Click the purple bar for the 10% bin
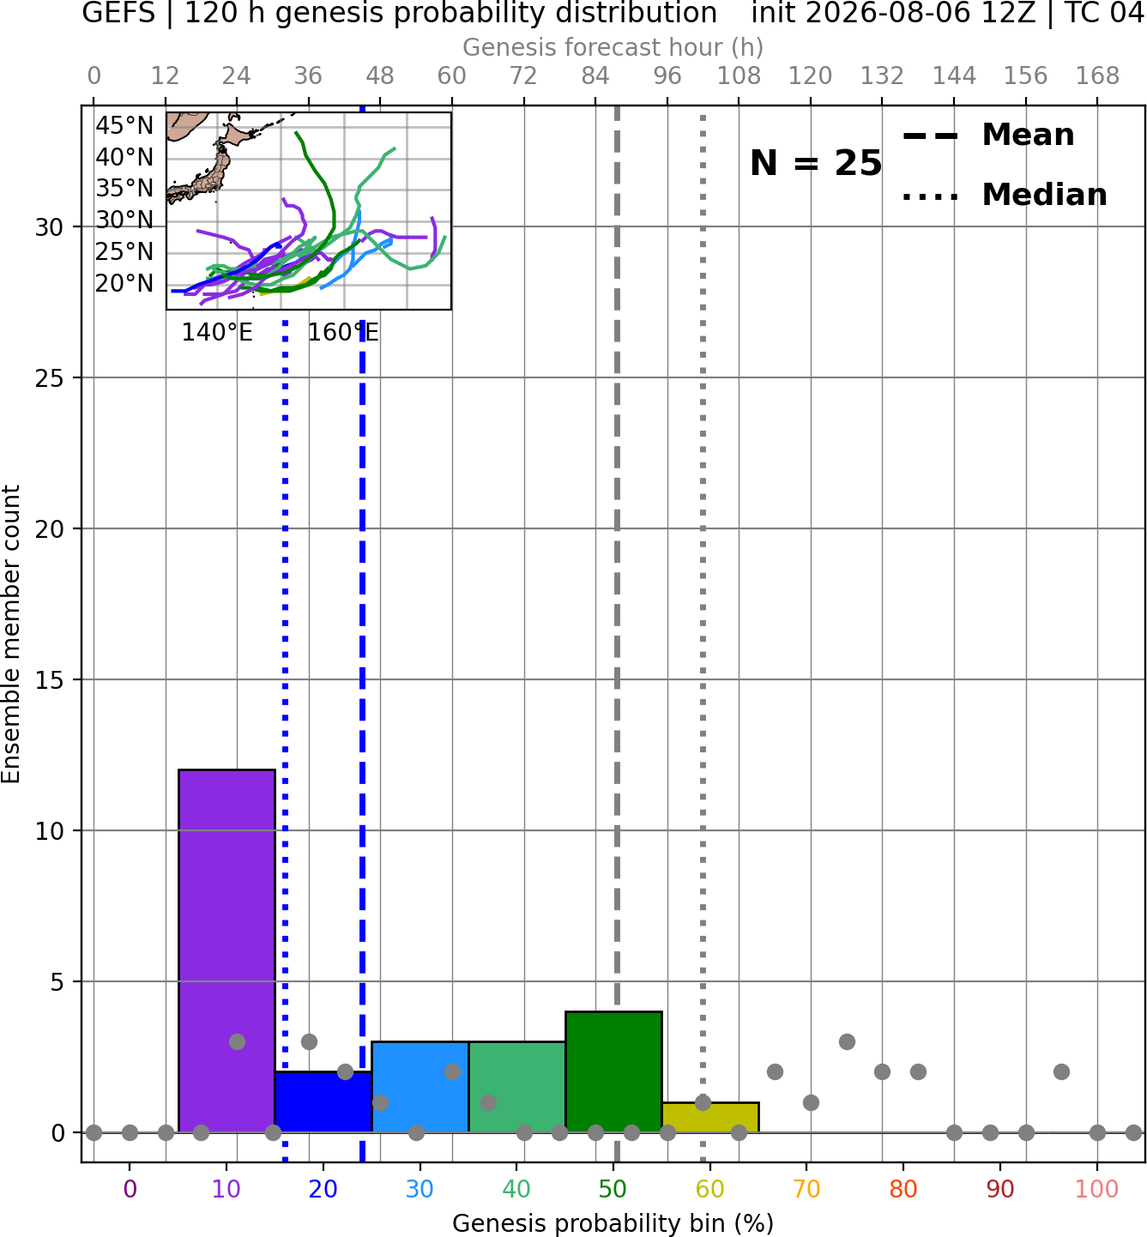[x=226, y=951]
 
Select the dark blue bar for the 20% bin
[x=323, y=1102]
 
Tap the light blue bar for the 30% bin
[x=420, y=1088]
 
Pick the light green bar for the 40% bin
[x=517, y=1088]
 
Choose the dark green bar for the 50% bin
[x=613, y=1072]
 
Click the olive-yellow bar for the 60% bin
[x=710, y=1118]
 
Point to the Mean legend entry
[x=989, y=136]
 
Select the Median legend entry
[x=1005, y=195]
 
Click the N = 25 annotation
[x=816, y=163]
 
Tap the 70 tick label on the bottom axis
[x=806, y=1189]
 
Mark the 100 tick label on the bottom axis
[x=1097, y=1189]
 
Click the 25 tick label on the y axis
[x=50, y=378]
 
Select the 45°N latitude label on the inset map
[x=124, y=126]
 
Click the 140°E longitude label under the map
[x=217, y=333]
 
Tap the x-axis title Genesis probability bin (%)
[x=613, y=1222]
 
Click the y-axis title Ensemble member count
[x=10, y=634]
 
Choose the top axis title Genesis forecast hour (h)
[x=613, y=47]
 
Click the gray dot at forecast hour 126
[x=847, y=1042]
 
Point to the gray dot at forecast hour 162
[x=1062, y=1072]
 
